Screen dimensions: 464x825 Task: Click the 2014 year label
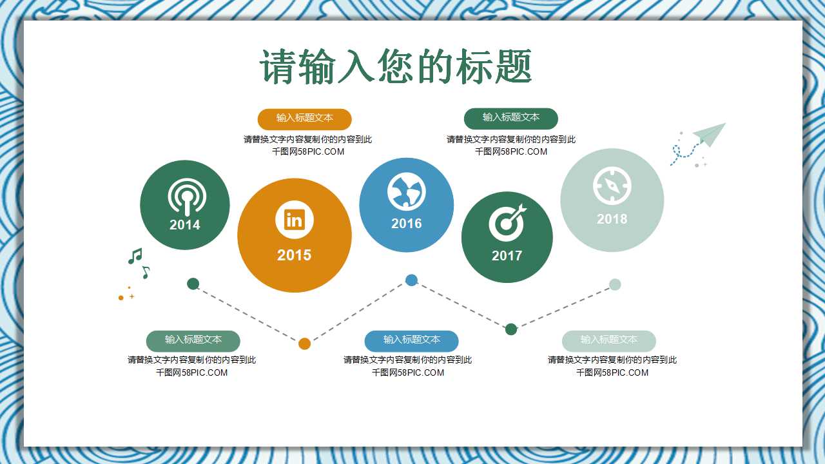[x=185, y=225]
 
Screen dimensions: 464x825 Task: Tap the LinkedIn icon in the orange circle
[x=294, y=220]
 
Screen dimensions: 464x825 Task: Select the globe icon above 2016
[x=406, y=191]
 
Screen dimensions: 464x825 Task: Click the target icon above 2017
[x=507, y=222]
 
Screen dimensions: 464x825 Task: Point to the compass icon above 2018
[x=612, y=186]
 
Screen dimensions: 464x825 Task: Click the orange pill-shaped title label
[x=304, y=119]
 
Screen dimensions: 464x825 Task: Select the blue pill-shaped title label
[x=411, y=340]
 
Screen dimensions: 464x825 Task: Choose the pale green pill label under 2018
[x=608, y=340]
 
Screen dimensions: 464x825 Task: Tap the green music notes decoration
[x=138, y=262]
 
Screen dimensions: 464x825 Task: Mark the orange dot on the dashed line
[x=304, y=343]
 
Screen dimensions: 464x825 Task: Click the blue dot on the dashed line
[x=411, y=280]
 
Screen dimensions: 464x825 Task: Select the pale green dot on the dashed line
[x=615, y=284]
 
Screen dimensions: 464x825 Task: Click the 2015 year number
[x=294, y=255]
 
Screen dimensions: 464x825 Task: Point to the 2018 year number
[x=612, y=219]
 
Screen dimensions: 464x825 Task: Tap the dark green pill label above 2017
[x=510, y=118]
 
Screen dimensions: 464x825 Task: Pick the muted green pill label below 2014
[x=193, y=340]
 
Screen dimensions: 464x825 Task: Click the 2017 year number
[x=507, y=256]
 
